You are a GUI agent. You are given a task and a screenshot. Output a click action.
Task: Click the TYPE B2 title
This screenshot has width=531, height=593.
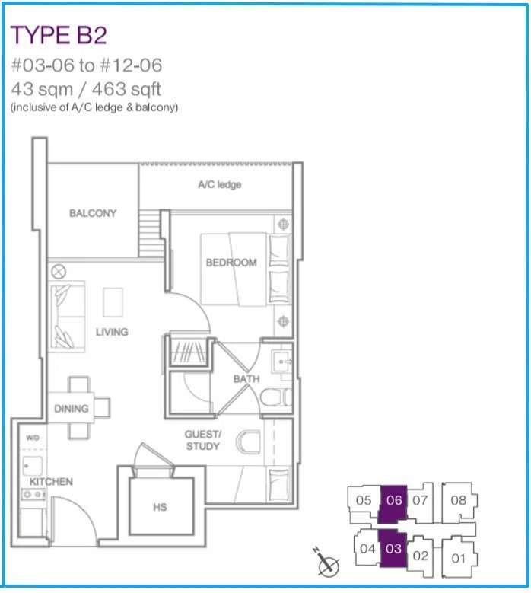(x=59, y=35)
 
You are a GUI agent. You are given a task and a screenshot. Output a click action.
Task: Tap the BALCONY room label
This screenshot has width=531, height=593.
(x=93, y=213)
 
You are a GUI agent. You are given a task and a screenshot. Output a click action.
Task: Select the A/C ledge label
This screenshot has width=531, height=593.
(x=220, y=184)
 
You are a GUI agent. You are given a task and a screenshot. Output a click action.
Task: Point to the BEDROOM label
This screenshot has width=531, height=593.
(x=231, y=263)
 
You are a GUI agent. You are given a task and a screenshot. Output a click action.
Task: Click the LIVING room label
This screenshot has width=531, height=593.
(x=112, y=332)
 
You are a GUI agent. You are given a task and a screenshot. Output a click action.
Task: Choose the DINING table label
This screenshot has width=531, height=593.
(x=72, y=409)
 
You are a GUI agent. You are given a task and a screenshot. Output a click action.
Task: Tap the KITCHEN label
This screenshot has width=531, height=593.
(x=51, y=482)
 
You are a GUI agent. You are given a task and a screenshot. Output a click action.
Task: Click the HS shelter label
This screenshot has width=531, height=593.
(x=160, y=507)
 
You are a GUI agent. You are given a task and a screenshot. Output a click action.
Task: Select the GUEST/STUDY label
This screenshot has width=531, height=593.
(x=203, y=440)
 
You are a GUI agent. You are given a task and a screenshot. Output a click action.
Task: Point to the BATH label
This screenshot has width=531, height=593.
(x=246, y=379)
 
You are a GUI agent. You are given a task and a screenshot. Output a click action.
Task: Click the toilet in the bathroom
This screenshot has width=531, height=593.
(x=276, y=397)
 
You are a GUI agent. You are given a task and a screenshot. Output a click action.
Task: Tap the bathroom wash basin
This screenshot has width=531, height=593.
(x=281, y=362)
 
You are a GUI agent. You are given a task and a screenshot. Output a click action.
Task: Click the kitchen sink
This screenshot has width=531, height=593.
(x=33, y=466)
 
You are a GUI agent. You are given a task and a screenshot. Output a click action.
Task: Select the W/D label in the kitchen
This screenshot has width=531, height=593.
(x=33, y=438)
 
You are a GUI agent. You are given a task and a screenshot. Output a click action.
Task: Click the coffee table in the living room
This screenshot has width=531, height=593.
(x=113, y=302)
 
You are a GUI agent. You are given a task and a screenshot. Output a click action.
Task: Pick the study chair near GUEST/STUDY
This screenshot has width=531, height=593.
(x=248, y=442)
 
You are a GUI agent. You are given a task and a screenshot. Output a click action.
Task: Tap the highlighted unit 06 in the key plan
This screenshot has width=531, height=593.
(x=393, y=503)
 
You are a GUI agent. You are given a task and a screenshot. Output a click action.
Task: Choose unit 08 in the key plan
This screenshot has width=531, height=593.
(x=459, y=500)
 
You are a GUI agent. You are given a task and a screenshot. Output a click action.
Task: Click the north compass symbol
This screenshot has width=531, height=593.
(x=326, y=563)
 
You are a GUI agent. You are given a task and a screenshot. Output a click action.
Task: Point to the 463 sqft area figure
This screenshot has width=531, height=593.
(x=126, y=90)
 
